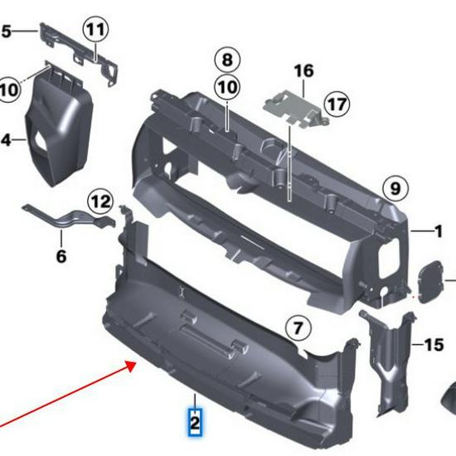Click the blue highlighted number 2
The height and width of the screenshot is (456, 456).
tap(195, 422)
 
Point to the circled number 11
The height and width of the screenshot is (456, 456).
tap(95, 31)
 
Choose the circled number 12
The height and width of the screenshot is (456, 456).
tap(100, 201)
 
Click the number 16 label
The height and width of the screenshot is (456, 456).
tap(303, 70)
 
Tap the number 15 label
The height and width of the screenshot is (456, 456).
tap(434, 344)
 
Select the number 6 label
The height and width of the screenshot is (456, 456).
tap(61, 256)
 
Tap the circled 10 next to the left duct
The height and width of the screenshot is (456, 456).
tap(8, 88)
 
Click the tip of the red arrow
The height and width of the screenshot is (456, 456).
tap(136, 362)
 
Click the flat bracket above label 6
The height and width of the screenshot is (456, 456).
tap(70, 218)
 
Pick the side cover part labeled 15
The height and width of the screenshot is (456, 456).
tap(388, 357)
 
